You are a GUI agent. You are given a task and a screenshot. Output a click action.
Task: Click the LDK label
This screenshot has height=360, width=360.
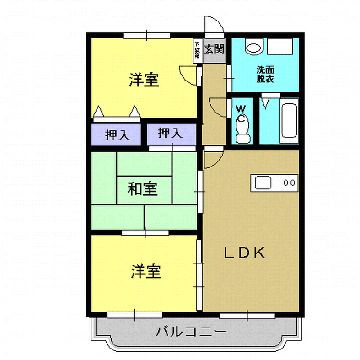click(x=244, y=252)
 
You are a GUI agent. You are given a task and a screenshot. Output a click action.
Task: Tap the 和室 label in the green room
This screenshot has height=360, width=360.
click(x=140, y=186)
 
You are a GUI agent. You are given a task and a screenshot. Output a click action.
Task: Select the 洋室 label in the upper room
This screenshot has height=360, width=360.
click(x=143, y=80)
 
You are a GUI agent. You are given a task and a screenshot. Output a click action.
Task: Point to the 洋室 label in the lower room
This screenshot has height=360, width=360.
click(x=143, y=270)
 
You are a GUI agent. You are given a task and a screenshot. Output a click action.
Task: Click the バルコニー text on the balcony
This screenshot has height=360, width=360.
click(x=190, y=332)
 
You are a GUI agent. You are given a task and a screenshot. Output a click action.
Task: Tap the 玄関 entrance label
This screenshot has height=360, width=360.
click(x=214, y=47)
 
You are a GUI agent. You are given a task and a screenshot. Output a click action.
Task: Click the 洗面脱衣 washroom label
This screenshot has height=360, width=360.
click(x=266, y=72)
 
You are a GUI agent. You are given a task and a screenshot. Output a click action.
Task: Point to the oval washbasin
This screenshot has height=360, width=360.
click(x=252, y=46)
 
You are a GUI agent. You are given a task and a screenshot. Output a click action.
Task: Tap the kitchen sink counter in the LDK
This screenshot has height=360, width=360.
click(x=264, y=182)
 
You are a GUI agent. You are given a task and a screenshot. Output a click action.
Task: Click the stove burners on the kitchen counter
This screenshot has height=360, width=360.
click(x=290, y=182)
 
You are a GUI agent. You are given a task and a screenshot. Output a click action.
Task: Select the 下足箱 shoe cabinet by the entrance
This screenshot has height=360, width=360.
click(x=197, y=47)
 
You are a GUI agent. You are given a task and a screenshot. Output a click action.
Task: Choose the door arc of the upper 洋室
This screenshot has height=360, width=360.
click(x=188, y=73)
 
